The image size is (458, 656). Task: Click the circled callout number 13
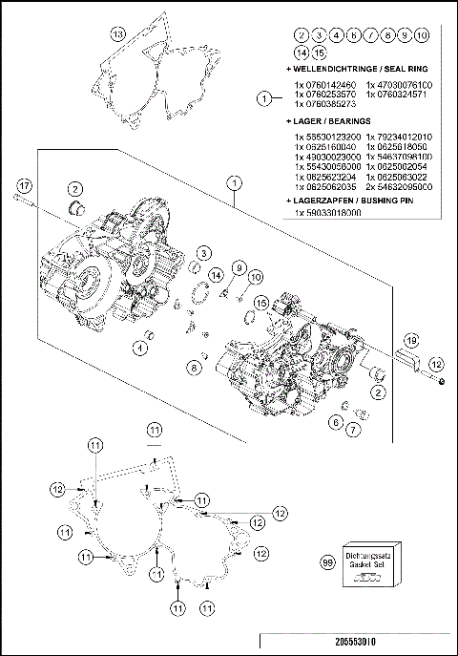[x=116, y=34]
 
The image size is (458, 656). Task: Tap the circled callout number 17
[x=25, y=184]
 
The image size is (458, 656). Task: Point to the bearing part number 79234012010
[x=405, y=138]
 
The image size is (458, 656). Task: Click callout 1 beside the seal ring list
[x=265, y=95]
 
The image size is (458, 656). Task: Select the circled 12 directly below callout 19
[x=437, y=364]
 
